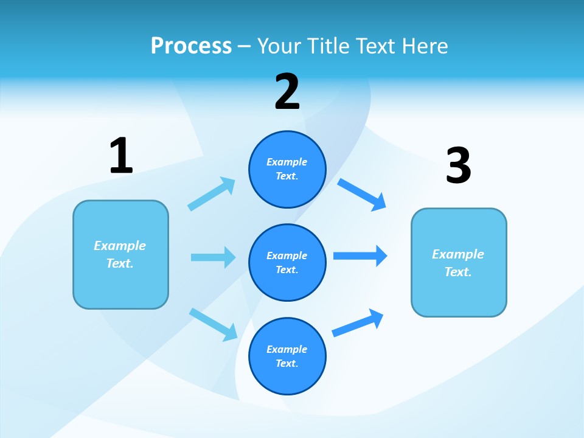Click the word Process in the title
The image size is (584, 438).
coord(191,46)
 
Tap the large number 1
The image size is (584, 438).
coord(121,156)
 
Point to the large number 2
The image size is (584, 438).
coord(287,92)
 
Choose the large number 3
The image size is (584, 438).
coord(458,165)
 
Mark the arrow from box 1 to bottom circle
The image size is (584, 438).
coord(213,324)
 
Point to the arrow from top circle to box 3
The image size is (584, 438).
coord(362,195)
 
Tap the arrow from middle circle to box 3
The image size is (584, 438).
coord(360,255)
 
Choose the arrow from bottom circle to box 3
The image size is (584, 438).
coord(358,323)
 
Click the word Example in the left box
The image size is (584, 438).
coord(120,246)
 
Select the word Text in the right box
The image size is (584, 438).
coord(457,272)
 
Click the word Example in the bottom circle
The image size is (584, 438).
coord(287,349)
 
